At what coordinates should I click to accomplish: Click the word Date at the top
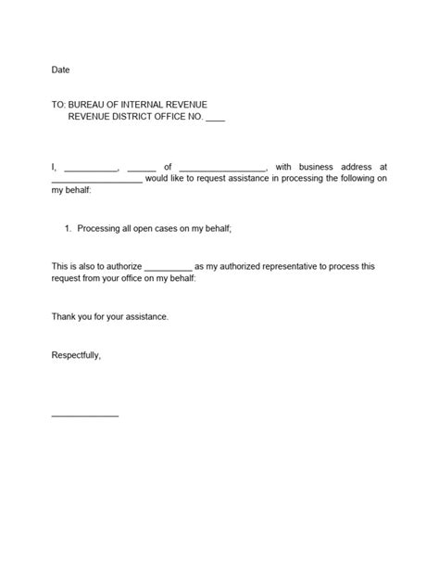point(60,70)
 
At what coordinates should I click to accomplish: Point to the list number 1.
point(68,227)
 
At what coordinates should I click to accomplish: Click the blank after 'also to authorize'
point(168,268)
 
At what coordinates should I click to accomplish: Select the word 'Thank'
point(64,316)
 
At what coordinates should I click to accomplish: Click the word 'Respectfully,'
point(76,354)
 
